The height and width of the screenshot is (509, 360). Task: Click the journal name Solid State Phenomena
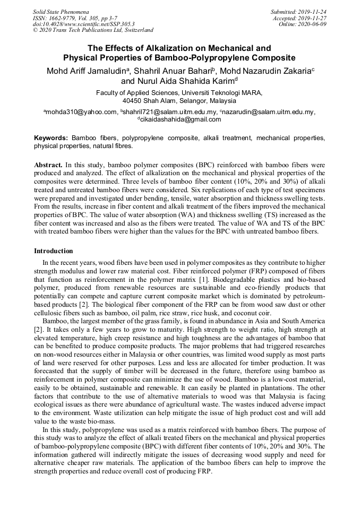[61, 11]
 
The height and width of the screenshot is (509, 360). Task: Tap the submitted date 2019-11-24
[312, 11]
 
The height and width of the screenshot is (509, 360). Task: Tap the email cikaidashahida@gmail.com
[181, 119]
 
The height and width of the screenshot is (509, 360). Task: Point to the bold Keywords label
[51, 137]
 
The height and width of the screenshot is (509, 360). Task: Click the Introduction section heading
[54, 251]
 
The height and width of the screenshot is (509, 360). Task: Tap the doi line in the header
[84, 24]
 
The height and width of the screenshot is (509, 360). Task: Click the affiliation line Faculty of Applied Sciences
[179, 92]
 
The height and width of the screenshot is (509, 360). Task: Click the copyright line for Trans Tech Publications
[93, 30]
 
